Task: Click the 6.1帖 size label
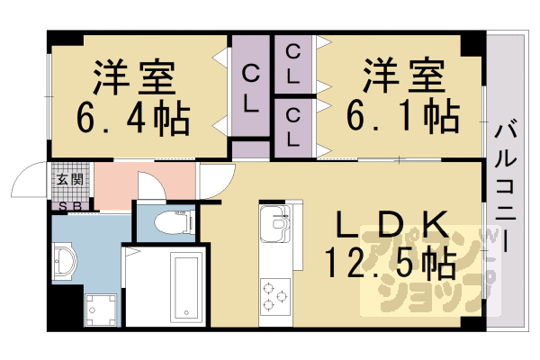[x=403, y=116]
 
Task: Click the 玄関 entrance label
[x=69, y=179]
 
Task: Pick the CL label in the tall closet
[x=251, y=86]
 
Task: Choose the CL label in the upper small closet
[x=293, y=64]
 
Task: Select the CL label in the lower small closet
[x=293, y=127]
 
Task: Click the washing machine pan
[x=100, y=310]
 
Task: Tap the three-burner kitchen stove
[x=274, y=295]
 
